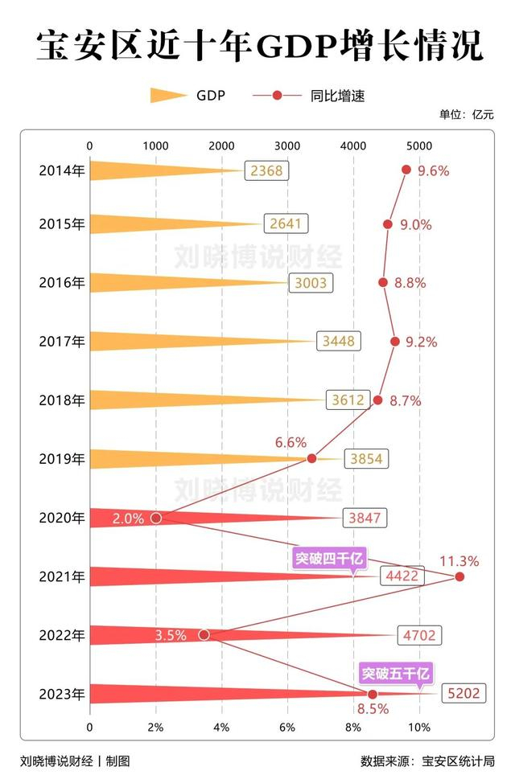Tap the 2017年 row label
(x=61, y=342)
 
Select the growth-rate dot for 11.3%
(x=459, y=576)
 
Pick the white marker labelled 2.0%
(x=156, y=518)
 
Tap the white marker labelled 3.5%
(x=204, y=635)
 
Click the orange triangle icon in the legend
(x=167, y=96)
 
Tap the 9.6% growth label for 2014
(x=433, y=170)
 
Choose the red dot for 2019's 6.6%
(x=311, y=459)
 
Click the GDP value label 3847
(x=364, y=519)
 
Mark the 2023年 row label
(x=61, y=694)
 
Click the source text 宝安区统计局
(x=458, y=761)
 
